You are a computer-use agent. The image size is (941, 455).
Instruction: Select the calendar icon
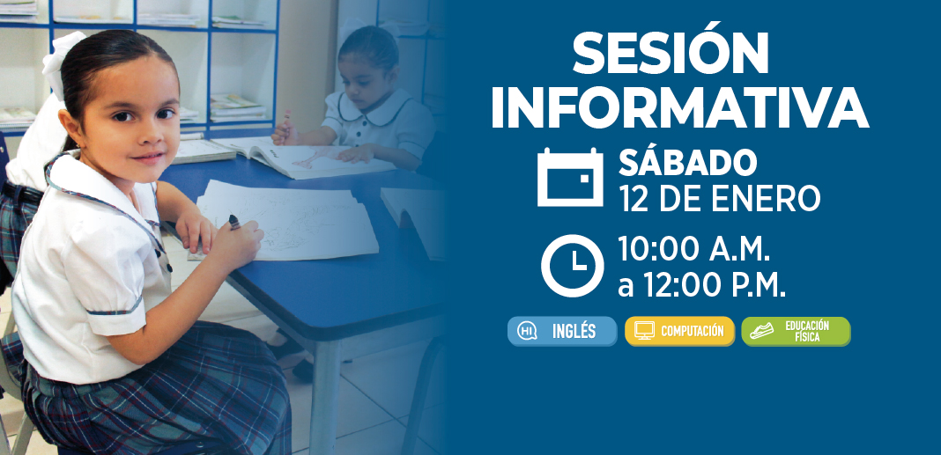click(570, 177)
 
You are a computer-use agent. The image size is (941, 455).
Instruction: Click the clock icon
click(573, 266)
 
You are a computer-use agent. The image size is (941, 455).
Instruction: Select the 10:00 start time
click(659, 249)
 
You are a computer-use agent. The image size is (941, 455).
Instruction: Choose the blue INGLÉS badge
click(562, 331)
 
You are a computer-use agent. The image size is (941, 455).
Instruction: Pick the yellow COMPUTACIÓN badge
click(679, 331)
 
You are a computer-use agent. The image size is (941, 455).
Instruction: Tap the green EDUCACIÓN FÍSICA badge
click(796, 331)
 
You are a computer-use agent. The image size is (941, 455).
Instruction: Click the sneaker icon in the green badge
click(761, 331)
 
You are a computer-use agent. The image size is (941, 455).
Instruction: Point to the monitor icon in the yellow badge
click(644, 331)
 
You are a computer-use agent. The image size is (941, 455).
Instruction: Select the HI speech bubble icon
click(527, 331)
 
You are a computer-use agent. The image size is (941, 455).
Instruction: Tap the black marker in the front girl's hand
click(234, 222)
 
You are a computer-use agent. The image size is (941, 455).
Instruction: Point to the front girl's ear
click(70, 123)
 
